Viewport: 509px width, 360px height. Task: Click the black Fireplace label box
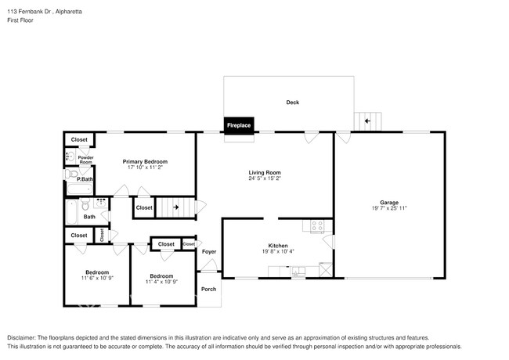coord(239,125)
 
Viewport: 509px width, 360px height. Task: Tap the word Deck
coord(292,103)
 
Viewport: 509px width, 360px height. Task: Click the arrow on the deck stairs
coord(366,121)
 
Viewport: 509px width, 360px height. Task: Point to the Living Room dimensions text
coord(265,178)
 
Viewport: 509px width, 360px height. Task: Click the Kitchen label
coord(278,245)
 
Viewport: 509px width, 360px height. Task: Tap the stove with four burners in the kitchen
coord(317,226)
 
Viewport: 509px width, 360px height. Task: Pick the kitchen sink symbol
coord(298,271)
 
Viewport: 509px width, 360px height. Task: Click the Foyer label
coord(209,252)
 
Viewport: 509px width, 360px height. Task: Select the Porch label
coord(209,289)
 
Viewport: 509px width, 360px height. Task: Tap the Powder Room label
coord(85,160)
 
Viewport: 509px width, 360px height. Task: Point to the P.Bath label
coord(85,179)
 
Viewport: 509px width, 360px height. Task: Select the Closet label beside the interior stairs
coord(144,208)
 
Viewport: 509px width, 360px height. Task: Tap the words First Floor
coord(20,20)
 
